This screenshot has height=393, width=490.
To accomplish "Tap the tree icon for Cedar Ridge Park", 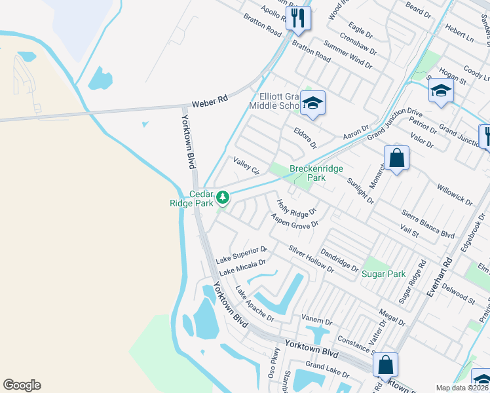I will tap(223, 196).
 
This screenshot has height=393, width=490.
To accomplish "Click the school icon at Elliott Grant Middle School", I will tap(314, 103).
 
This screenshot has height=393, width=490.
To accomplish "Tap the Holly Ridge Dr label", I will tap(297, 208).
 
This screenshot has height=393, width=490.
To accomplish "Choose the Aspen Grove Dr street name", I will tap(294, 221).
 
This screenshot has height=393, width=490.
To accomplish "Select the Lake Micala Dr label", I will tap(242, 267).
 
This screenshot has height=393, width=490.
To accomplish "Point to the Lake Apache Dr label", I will tap(254, 305).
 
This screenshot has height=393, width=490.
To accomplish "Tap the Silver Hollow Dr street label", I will tap(311, 259).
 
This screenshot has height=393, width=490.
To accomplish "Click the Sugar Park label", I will tap(384, 274).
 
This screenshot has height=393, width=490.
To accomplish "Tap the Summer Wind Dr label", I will tap(348, 57).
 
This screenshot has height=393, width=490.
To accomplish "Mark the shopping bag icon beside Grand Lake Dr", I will tap(385, 364).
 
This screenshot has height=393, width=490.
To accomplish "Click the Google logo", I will tap(22, 385).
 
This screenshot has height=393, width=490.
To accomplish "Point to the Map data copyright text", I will tap(462, 388).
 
